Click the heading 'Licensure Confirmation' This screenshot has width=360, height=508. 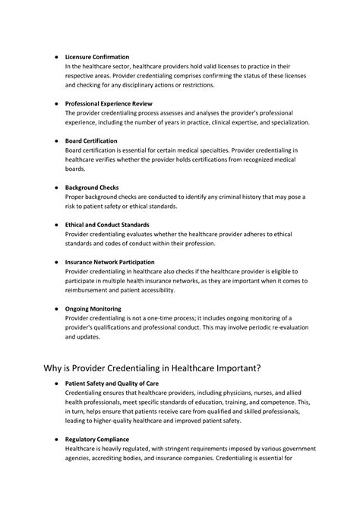pos(96,57)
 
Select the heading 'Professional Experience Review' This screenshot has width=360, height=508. pos(109,103)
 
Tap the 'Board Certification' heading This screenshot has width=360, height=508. pos(91,141)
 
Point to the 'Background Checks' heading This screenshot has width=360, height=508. pos(91,188)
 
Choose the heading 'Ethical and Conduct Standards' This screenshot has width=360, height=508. pos(107,225)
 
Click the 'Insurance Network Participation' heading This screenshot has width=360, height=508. pos(110,262)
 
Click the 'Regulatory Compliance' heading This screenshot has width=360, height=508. pos(97,440)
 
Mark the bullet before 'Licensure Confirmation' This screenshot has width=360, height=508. pos(56,57)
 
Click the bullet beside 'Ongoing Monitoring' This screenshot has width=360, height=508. pos(56,309)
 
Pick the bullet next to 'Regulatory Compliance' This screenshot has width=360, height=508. pos(56,440)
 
